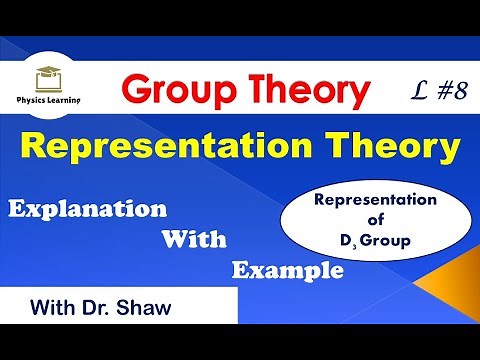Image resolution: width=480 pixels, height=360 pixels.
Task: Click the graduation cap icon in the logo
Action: (46, 73)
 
